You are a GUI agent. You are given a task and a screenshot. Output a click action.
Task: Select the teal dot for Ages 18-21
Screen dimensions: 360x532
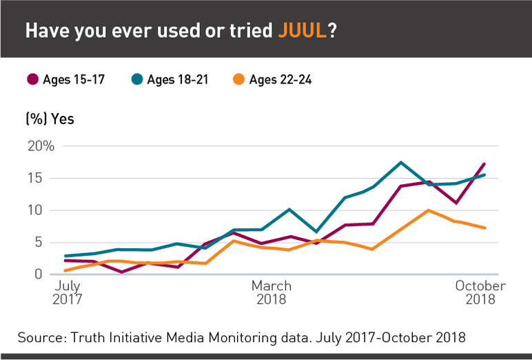point(136,80)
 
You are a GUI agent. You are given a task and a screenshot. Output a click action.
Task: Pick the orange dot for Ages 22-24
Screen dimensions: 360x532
point(238,80)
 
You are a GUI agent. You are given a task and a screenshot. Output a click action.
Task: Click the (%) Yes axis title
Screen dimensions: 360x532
point(50,119)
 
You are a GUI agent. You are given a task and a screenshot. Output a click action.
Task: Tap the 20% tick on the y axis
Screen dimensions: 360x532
point(41,146)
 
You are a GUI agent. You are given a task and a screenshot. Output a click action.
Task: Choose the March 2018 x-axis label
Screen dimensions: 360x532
point(271,292)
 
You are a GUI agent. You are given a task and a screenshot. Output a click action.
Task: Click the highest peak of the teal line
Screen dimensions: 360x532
point(400,162)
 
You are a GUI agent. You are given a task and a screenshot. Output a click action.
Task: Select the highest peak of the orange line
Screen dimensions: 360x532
point(429,210)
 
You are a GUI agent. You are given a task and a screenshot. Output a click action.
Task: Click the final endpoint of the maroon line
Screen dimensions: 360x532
point(485,163)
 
